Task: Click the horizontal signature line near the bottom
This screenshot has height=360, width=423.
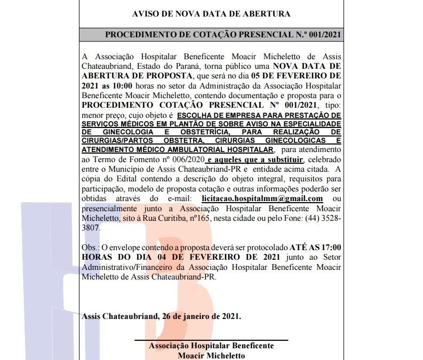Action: (211, 340)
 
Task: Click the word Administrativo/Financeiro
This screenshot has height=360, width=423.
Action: (131, 267)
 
